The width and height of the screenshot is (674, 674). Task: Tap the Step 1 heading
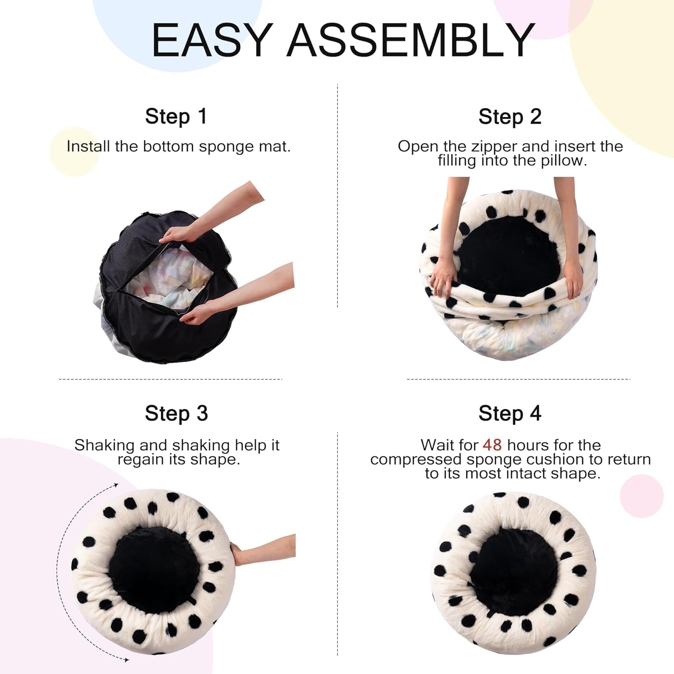click(176, 117)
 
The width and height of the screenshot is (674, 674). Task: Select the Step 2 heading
click(510, 117)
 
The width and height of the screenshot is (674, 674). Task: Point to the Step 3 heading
click(176, 413)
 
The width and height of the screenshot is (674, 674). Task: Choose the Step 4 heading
click(510, 413)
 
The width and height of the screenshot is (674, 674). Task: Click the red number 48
click(492, 445)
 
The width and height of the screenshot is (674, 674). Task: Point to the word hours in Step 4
click(528, 445)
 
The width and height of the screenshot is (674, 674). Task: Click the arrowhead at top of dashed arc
click(116, 485)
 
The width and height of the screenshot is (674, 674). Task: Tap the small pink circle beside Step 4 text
click(641, 496)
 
